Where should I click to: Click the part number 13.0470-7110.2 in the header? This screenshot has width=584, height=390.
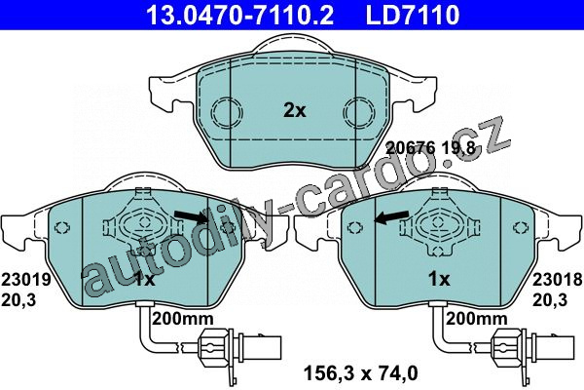coord(240,15)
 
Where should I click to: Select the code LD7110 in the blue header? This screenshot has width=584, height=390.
coord(413,15)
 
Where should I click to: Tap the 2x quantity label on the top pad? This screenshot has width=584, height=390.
coord(294,110)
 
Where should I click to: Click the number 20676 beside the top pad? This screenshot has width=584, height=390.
coord(411,148)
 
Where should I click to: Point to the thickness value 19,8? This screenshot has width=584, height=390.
coord(458,149)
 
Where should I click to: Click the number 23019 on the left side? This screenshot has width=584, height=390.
coord(26,280)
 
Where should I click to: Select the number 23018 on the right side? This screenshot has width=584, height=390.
coord(557,280)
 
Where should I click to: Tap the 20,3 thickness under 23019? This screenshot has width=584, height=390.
coord(18,300)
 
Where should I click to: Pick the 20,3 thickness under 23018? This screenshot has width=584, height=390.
coord(550,300)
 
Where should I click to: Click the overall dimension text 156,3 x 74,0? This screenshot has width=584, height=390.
coord(361,373)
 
